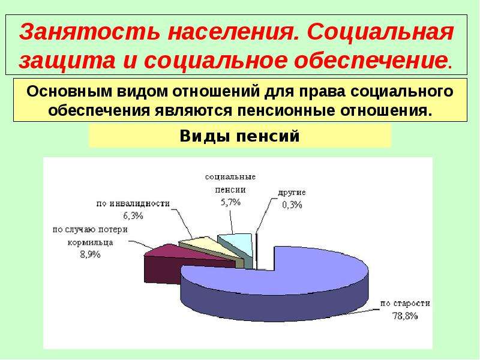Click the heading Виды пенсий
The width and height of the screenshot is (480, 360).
pos(239,136)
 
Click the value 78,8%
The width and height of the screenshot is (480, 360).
pos(405,316)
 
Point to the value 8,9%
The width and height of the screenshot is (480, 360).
pos(91,254)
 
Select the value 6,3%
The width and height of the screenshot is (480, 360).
pos(133,216)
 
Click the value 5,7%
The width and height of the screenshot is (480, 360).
pos(230,202)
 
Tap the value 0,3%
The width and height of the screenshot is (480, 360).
pos(292,205)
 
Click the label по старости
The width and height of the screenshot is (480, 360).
pos(405,304)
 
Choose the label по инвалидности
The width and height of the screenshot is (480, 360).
pos(133,203)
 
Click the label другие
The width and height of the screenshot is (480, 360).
pos(292,193)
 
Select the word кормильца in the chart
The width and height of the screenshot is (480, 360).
pos(91,242)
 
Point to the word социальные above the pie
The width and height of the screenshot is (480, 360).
pos(230,177)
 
